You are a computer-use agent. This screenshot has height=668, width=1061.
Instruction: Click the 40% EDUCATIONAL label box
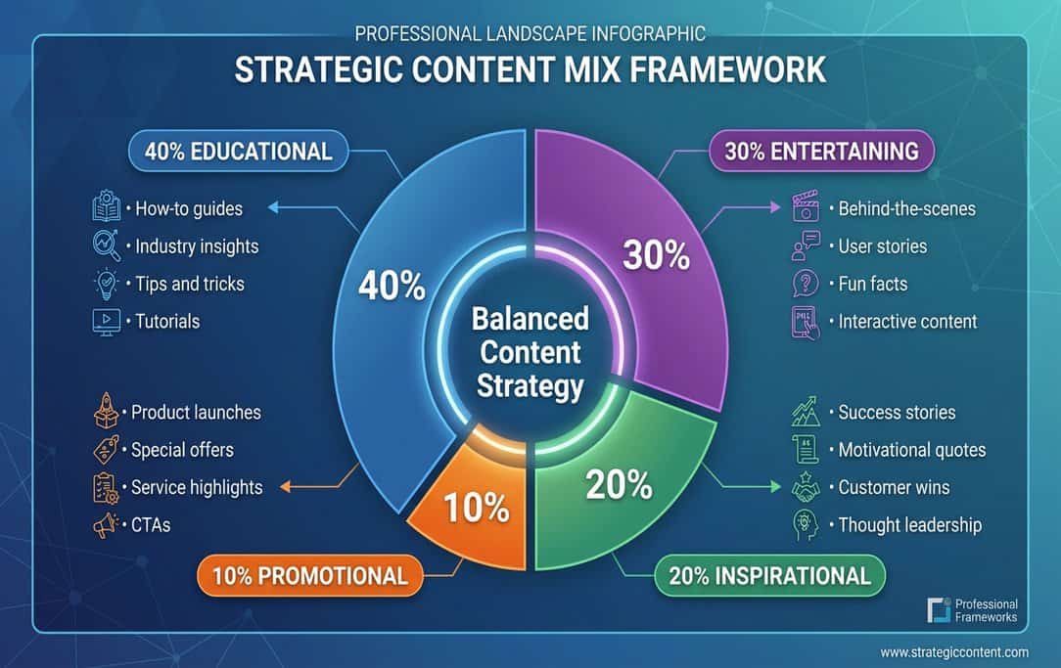pyautogui.click(x=238, y=152)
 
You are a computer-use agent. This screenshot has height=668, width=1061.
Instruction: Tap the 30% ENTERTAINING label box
pyautogui.click(x=821, y=152)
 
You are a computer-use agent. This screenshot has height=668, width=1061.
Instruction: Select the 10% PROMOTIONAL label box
pyautogui.click(x=302, y=575)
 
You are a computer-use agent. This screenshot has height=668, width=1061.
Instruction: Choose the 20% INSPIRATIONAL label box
pyautogui.click(x=769, y=575)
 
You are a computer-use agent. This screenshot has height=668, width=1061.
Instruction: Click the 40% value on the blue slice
pyautogui.click(x=392, y=286)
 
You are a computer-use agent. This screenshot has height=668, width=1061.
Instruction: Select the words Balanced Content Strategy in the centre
pyautogui.click(x=530, y=352)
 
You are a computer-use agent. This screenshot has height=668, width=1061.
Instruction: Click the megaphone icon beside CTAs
pyautogui.click(x=105, y=525)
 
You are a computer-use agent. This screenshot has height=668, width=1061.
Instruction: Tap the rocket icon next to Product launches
pyautogui.click(x=105, y=413)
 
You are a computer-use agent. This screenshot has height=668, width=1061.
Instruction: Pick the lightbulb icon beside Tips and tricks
pyautogui.click(x=105, y=284)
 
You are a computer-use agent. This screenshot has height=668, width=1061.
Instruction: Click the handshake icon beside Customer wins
pyautogui.click(x=805, y=488)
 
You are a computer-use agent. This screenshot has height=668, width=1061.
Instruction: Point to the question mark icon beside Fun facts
pyautogui.click(x=805, y=284)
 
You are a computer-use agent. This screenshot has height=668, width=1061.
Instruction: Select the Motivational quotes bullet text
pyautogui.click(x=911, y=450)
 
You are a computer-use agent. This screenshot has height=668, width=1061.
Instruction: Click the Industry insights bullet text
pyautogui.click(x=197, y=246)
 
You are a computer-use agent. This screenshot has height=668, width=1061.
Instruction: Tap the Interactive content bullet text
pyautogui.click(x=907, y=321)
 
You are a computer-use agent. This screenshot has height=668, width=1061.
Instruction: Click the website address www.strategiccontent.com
pyautogui.click(x=953, y=652)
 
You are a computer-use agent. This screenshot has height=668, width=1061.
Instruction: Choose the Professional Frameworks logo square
pyautogui.click(x=938, y=610)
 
